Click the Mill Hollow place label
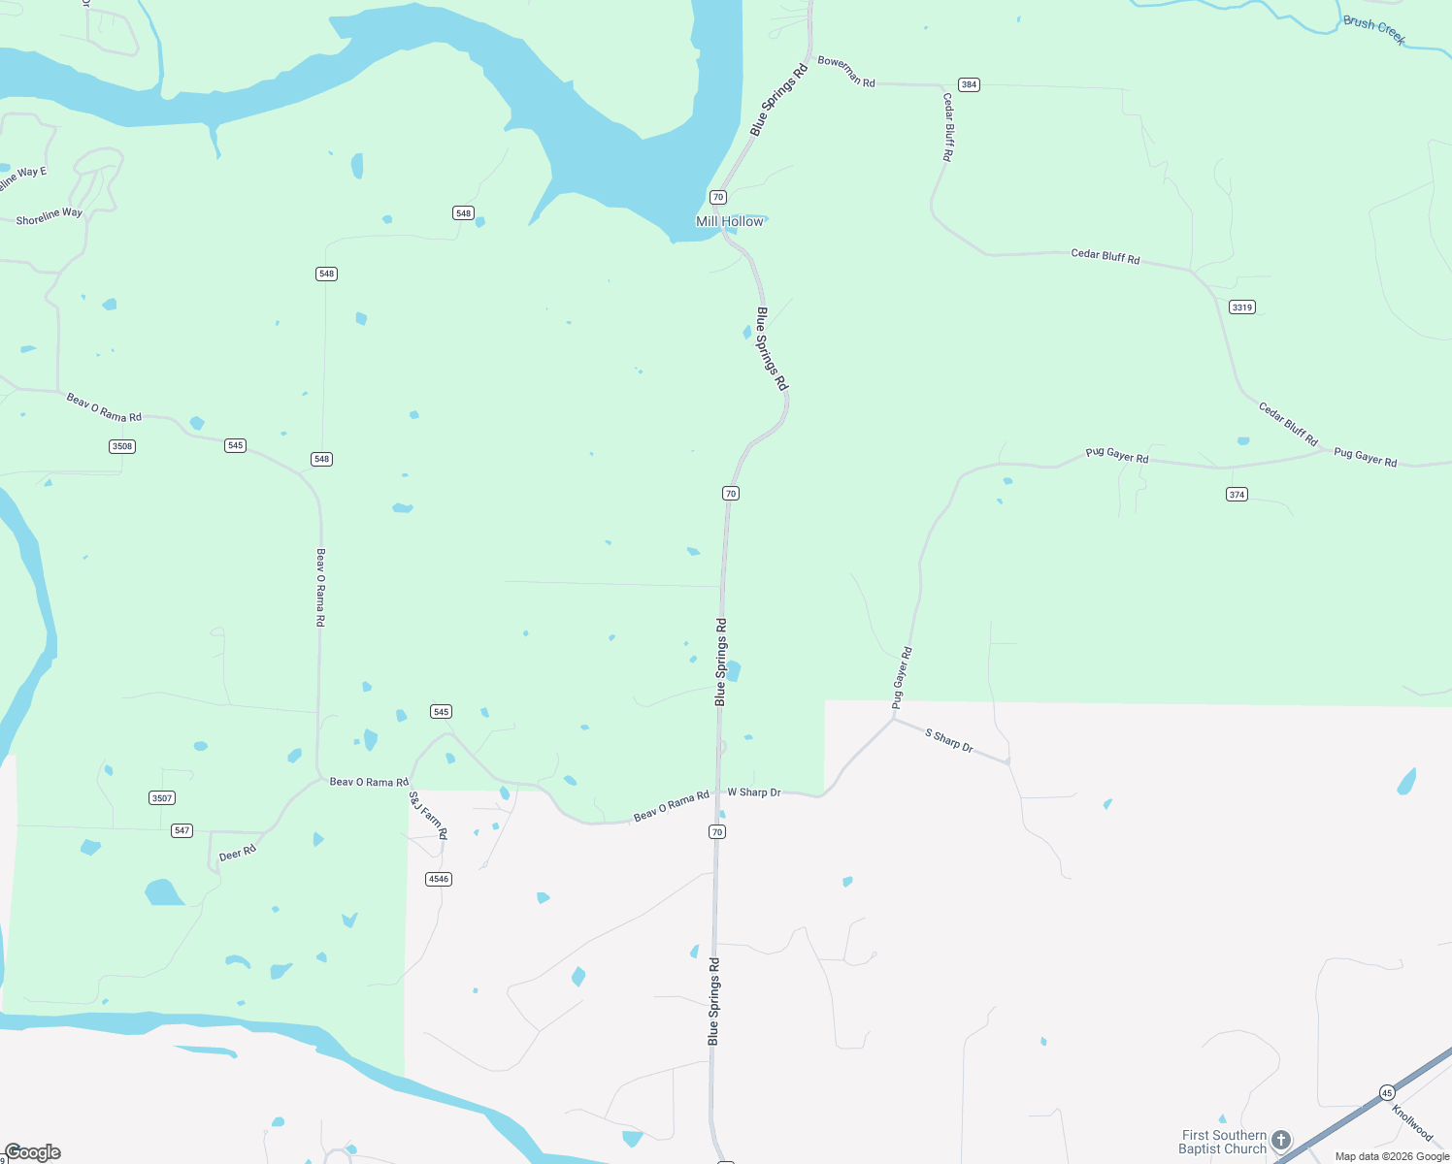(730, 221)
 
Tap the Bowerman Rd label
(846, 72)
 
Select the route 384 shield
(969, 84)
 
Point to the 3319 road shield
(1241, 307)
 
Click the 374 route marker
(1237, 494)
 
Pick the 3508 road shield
(122, 446)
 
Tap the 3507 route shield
(162, 797)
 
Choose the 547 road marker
(181, 830)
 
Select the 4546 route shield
(439, 879)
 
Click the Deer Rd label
(238, 853)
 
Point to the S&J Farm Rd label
(428, 815)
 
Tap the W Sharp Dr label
(754, 792)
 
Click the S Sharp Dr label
(949, 741)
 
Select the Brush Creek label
(1374, 29)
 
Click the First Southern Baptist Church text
(1224, 1142)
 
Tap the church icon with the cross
(1281, 1140)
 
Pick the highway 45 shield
(1387, 1091)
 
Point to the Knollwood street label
(1412, 1122)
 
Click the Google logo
(33, 1152)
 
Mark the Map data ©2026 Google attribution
(1392, 1156)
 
